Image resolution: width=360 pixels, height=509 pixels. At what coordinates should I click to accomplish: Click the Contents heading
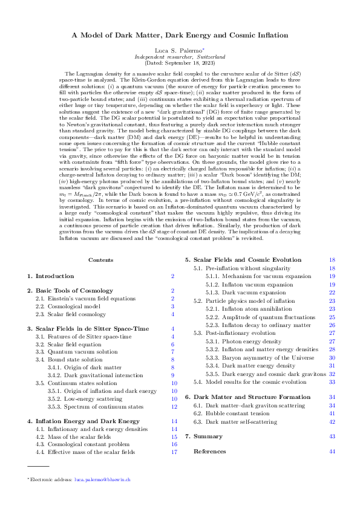[x=100, y=259]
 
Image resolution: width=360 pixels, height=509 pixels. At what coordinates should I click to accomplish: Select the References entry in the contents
[x=209, y=451]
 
